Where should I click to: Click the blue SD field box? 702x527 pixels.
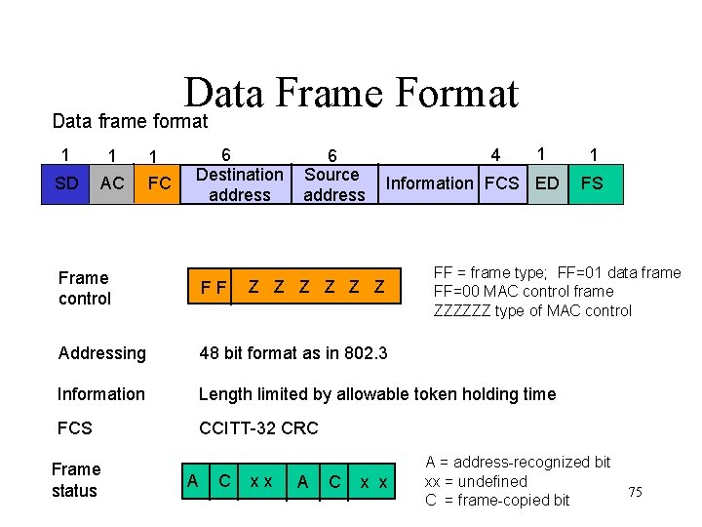point(66,183)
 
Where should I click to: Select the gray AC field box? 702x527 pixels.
point(112,183)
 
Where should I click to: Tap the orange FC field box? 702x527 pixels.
point(159,183)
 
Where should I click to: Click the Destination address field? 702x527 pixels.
point(240,184)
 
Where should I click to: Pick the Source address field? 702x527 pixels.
point(333,184)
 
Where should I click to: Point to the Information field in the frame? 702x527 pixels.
point(429,183)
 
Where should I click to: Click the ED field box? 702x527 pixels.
point(547,183)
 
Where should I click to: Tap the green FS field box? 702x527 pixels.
point(593,183)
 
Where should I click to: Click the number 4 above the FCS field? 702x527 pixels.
point(496,155)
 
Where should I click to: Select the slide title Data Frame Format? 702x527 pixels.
point(351,94)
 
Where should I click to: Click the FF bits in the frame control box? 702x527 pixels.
point(214,288)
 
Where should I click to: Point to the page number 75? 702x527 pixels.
point(636,492)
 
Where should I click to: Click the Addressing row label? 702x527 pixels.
point(101,353)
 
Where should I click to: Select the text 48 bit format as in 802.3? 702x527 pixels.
point(292,353)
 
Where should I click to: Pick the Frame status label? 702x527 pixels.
point(75,480)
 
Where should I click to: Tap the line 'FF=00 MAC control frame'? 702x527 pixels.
point(523,292)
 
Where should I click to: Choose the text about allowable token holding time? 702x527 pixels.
point(377,394)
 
